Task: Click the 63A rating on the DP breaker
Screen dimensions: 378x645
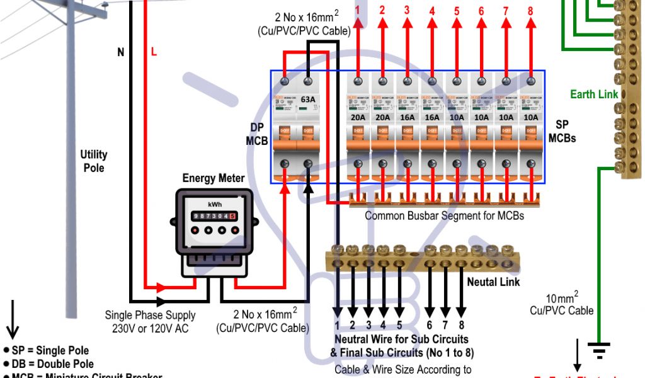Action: pos(308,99)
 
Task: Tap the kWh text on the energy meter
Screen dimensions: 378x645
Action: pos(215,205)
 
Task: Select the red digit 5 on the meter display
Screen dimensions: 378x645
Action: pos(232,216)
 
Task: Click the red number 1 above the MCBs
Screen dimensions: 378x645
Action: pos(358,10)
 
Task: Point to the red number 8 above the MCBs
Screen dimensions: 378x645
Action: pos(530,11)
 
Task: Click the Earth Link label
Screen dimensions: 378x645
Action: pos(594,94)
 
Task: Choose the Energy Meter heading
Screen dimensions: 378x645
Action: pos(214,178)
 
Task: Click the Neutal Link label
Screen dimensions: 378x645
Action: pos(493,282)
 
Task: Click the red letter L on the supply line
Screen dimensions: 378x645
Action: pos(154,52)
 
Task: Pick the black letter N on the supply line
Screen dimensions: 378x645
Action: pos(120,52)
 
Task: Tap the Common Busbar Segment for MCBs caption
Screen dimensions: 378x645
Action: pos(444,215)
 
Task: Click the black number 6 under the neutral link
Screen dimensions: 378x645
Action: pos(430,325)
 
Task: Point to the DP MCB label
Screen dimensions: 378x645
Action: pos(257,134)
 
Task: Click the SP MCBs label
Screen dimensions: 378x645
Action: pos(562,131)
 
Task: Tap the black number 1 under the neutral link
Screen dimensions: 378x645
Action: pos(338,325)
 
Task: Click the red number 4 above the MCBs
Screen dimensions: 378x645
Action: pos(431,11)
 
